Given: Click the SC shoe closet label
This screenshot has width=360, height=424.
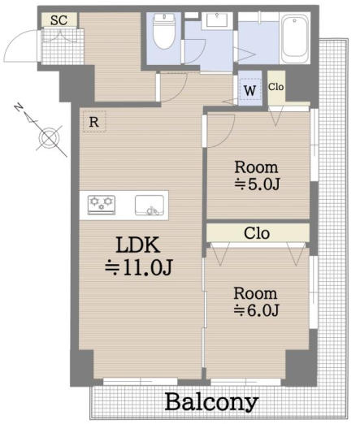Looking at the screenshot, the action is tap(59, 20).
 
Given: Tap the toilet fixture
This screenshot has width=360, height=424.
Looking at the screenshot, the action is tap(164, 31).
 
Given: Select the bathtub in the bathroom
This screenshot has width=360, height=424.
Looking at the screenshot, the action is tap(294, 38).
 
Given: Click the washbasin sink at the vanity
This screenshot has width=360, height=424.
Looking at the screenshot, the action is tap(217, 19).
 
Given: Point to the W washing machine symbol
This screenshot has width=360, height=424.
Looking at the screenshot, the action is tap(249, 90).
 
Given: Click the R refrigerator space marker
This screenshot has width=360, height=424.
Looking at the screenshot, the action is tap(94, 122).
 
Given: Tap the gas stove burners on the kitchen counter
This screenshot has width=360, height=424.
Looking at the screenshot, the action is tap(102, 205).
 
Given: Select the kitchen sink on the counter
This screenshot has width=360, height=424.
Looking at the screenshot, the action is tap(150, 206).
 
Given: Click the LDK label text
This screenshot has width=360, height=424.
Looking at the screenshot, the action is tap(138, 244).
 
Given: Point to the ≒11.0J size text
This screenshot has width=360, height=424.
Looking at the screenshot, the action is tap(139, 267).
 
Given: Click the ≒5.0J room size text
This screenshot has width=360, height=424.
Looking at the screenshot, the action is tap(257, 184).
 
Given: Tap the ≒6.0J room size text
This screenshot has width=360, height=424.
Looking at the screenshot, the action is tap(256, 309).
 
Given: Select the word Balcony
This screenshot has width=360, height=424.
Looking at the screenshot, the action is tap(211, 403).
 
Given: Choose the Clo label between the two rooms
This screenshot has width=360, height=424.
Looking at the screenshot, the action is tap(257, 233).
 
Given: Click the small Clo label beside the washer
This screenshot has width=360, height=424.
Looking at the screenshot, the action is tap(275, 87).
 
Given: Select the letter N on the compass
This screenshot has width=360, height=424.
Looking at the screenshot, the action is tap(19, 107).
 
